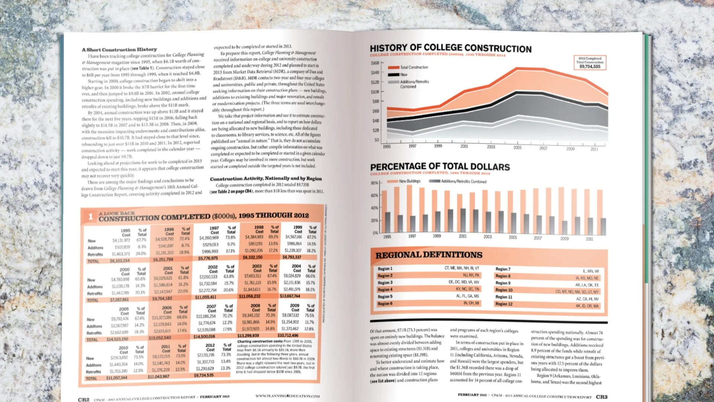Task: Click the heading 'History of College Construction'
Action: (x=450, y=48)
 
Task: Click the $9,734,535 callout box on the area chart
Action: (x=590, y=63)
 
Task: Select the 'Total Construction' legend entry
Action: (x=414, y=67)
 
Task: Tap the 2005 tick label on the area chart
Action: (x=517, y=148)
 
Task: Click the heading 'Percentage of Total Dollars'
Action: (x=440, y=166)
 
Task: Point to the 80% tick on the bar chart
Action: (x=374, y=183)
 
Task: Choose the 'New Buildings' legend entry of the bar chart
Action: (x=409, y=181)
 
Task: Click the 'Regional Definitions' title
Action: (x=428, y=255)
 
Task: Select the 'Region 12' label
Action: (x=504, y=304)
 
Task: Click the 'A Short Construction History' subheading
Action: (x=119, y=50)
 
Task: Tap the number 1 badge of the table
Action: (x=90, y=216)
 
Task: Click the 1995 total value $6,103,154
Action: (x=120, y=261)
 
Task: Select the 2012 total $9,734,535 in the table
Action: (x=204, y=375)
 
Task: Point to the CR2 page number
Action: (x=84, y=399)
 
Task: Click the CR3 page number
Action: (x=601, y=397)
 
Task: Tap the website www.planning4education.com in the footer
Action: (x=287, y=396)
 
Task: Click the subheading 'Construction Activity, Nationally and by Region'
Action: (x=266, y=179)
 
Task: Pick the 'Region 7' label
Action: (x=503, y=269)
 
